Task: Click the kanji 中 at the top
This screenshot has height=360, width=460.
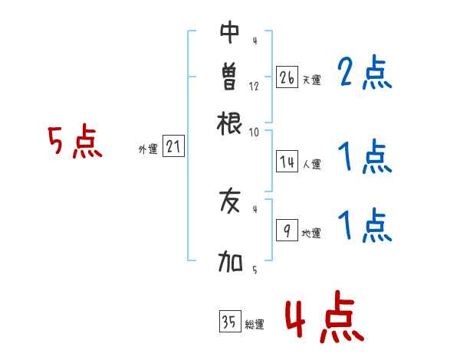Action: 229,31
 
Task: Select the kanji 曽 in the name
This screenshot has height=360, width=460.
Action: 229,76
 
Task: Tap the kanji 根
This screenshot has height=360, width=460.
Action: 229,123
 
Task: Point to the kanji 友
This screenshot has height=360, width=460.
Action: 230,201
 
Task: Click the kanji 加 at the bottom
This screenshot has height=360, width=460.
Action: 230,261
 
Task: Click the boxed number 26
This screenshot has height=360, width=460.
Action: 287,77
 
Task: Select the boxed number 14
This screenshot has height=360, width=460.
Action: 287,162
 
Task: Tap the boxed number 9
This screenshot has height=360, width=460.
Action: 287,230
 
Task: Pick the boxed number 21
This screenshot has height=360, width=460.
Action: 173,146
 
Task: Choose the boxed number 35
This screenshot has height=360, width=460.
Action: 230,321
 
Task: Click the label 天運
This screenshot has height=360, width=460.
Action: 312,80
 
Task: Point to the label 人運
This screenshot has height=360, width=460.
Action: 312,164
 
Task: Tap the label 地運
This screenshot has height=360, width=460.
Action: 311,233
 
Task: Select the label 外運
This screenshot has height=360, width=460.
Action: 148,149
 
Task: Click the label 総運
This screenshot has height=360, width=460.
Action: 255,324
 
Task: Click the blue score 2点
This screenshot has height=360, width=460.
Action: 365,72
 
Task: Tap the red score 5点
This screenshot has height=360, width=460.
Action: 75,141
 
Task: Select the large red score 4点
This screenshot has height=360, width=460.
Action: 325,316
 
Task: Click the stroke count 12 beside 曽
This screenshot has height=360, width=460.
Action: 254,87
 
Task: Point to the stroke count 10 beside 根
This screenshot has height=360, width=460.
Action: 254,133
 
